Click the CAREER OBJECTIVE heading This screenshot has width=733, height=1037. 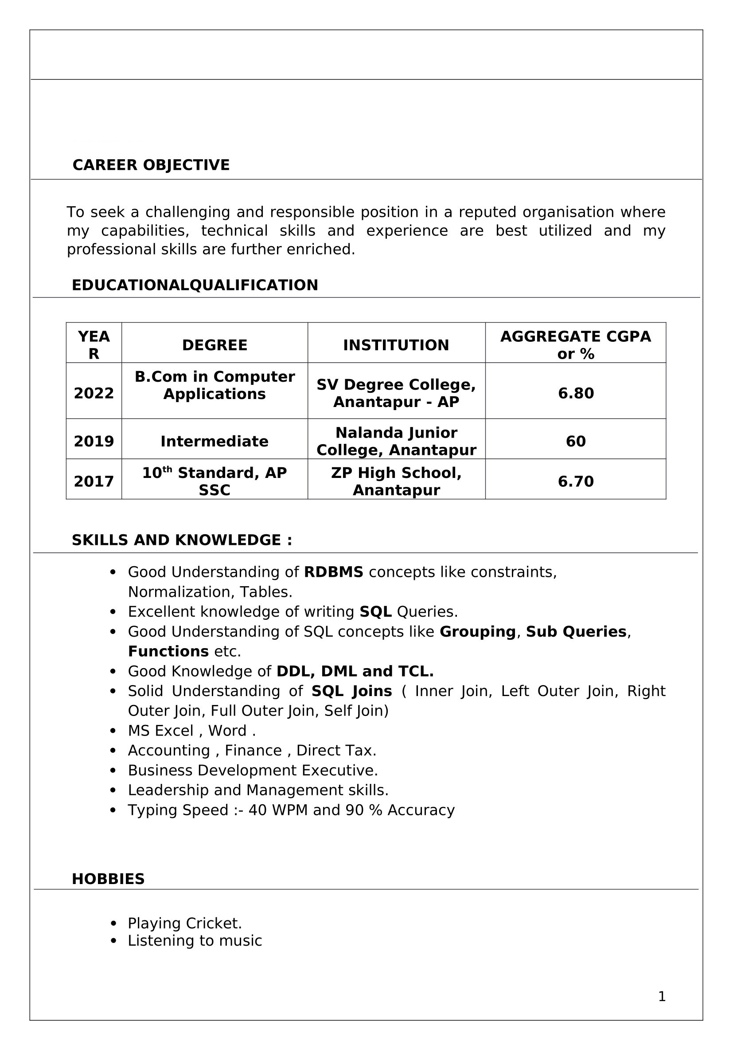151,165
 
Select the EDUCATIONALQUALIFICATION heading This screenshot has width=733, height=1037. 195,286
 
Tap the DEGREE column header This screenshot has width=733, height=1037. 214,345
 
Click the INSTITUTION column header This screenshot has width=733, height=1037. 396,345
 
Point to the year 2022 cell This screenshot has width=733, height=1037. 94,393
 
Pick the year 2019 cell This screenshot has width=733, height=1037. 94,441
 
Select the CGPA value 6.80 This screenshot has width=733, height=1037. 576,393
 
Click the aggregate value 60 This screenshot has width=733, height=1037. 576,441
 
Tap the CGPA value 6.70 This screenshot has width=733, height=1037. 576,481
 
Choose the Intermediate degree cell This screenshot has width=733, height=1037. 214,441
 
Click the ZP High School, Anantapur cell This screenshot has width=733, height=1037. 396,481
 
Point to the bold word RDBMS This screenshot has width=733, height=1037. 334,572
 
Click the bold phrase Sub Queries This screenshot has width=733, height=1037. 576,631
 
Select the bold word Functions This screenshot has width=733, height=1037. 168,651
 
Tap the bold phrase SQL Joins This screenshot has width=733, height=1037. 351,691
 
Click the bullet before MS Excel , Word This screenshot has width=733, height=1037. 113,731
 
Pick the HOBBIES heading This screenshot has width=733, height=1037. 108,879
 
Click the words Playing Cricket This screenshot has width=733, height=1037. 185,923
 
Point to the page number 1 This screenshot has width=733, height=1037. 662,996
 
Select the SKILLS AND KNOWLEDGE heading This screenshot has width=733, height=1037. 182,540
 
